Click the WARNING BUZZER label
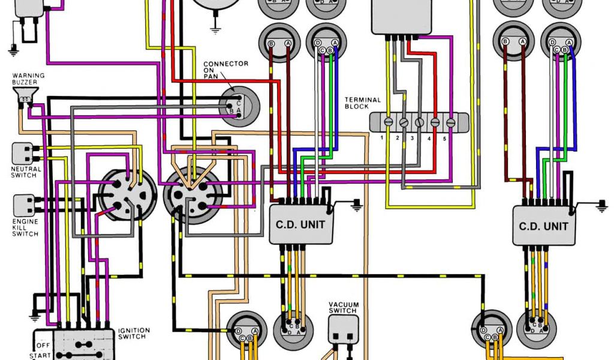(x=28, y=79)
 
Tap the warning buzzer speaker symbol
(x=25, y=94)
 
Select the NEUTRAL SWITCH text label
(x=26, y=172)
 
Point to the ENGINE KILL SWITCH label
(x=25, y=226)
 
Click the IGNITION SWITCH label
(x=133, y=334)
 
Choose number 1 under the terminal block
(x=381, y=138)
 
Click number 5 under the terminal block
(x=444, y=138)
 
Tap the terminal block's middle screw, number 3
(x=419, y=122)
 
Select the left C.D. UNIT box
(x=300, y=224)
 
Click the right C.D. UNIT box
(x=543, y=226)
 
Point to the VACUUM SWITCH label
(x=343, y=307)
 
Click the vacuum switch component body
(x=342, y=328)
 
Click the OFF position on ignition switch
(x=43, y=346)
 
